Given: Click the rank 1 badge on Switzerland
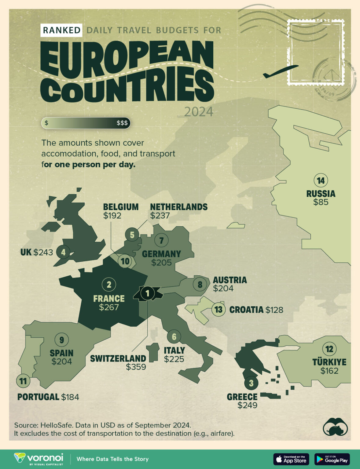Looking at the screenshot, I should [148, 293].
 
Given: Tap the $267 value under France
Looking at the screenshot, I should [109, 307].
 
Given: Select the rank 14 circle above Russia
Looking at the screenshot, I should [321, 180].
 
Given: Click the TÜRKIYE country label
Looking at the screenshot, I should [329, 362].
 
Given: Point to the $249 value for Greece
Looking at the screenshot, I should [247, 405].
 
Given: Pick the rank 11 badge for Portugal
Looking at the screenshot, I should [23, 381].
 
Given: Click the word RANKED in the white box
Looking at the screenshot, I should [61, 30].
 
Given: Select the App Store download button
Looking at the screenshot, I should [291, 459].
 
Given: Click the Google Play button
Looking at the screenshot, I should [332, 459].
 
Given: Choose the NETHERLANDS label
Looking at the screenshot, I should [179, 207].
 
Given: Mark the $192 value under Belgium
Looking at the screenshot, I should [112, 216].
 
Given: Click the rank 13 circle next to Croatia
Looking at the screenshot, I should [219, 310].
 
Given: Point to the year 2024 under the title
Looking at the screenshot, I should [199, 112].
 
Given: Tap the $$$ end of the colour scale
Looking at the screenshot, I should [122, 123].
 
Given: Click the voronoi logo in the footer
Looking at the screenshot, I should [39, 459].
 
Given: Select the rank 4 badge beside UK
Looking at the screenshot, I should [63, 252].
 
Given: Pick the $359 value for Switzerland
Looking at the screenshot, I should [136, 367].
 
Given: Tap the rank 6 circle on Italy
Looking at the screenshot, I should [174, 336].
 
